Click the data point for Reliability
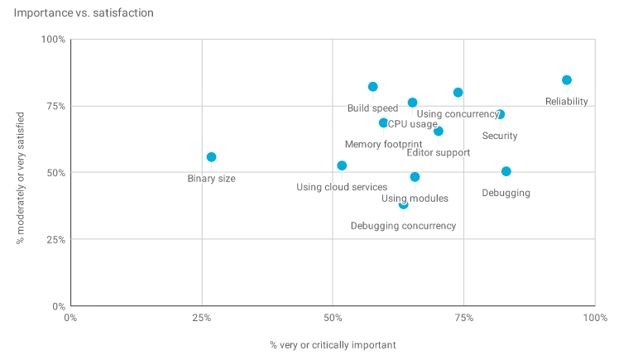[x=567, y=80]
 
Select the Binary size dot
[x=211, y=157]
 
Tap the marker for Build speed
[x=373, y=87]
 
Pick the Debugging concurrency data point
[x=403, y=204]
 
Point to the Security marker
[x=500, y=114]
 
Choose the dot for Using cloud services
[x=342, y=166]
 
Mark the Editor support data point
[x=439, y=131]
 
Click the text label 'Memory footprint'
[x=383, y=145]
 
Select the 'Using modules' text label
[x=415, y=199]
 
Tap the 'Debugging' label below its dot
[x=506, y=194]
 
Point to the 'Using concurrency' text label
[x=458, y=114]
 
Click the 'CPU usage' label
[x=412, y=124]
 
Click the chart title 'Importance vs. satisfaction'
[x=84, y=13]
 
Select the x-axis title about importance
[x=333, y=344]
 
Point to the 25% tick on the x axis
[x=201, y=318]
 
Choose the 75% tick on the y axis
[x=55, y=106]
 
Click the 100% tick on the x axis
[x=594, y=318]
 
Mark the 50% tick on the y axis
[x=55, y=173]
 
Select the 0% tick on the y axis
[x=58, y=306]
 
